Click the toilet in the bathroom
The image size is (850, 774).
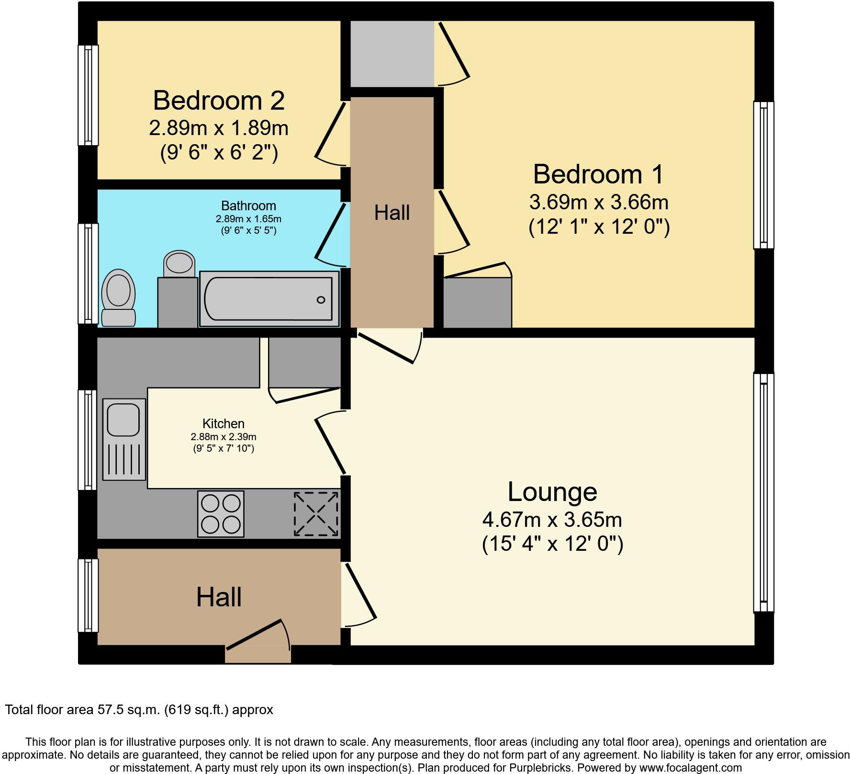tap(119, 297)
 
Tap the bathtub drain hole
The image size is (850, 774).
tap(321, 300)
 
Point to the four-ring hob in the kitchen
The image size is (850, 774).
tap(221, 514)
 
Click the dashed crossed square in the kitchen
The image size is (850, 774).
tap(316, 514)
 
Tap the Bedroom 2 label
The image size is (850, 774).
tap(219, 101)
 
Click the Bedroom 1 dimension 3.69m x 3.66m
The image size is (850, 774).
tap(598, 202)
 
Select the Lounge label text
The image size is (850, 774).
tap(552, 492)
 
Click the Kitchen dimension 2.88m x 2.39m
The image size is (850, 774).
tap(224, 437)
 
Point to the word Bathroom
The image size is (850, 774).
tap(248, 206)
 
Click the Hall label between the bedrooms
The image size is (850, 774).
tap(392, 213)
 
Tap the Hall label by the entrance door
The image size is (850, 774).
tap(219, 597)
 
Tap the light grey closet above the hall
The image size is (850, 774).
tap(392, 54)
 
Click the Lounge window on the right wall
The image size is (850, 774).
tap(763, 492)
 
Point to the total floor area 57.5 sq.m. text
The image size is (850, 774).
tap(139, 709)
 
